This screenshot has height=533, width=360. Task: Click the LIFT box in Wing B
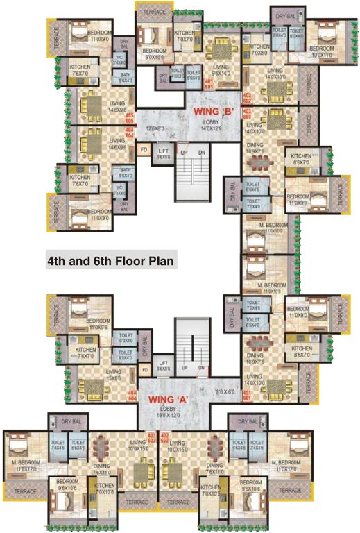pos(164,152)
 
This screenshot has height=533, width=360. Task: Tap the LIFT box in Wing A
pos(164,366)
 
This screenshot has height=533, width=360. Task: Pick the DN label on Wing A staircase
pos(201,368)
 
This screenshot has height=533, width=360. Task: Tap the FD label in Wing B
pos(144,149)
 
